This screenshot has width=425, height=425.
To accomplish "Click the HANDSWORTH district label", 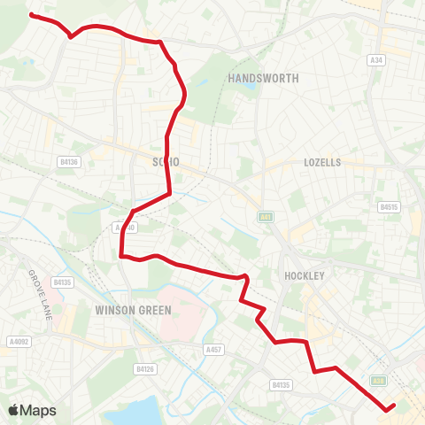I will pyautogui.click(x=263, y=79).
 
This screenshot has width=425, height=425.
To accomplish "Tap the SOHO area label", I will pyautogui.click(x=166, y=162).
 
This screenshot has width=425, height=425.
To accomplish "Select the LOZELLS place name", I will pyautogui.click(x=321, y=163).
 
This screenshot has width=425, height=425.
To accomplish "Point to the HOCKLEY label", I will pyautogui.click(x=306, y=275).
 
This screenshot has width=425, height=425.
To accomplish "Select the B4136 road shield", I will pyautogui.click(x=68, y=162).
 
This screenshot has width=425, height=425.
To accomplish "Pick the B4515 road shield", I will pyautogui.click(x=390, y=207).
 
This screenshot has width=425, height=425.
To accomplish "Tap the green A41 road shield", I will pyautogui.click(x=266, y=216).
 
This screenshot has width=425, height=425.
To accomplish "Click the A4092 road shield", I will pyautogui.click(x=18, y=340).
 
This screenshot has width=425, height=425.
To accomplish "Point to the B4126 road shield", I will pyautogui.click(x=145, y=367).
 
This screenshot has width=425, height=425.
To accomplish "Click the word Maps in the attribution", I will pyautogui.click(x=39, y=410).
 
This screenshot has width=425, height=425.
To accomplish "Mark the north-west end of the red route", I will pyautogui.click(x=31, y=14).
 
